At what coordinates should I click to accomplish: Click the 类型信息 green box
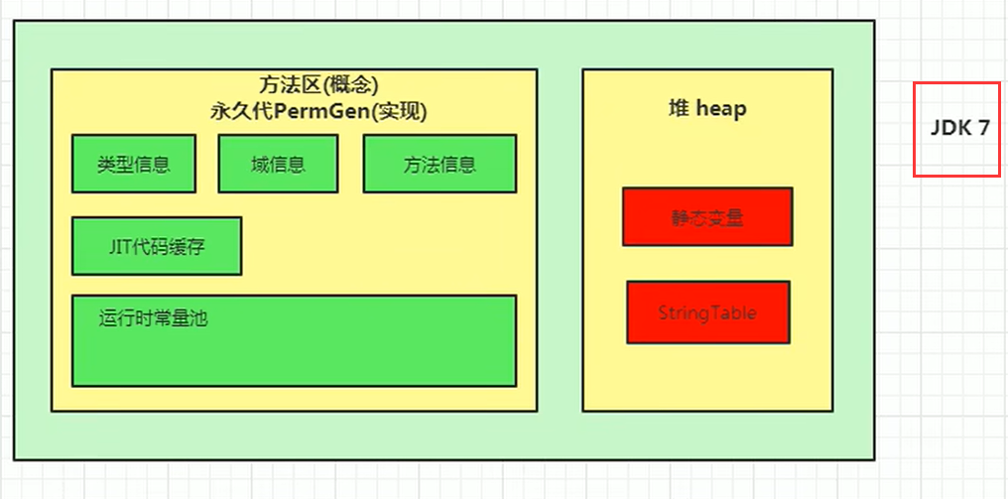coord(134,164)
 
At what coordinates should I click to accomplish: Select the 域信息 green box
coord(278,164)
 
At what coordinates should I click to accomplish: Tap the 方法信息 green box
coord(440,164)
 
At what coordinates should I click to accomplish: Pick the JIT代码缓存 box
coord(157,246)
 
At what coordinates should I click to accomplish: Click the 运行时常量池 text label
coord(153,318)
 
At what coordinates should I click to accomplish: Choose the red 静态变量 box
coord(707,216)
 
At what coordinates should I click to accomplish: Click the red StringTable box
coord(707,312)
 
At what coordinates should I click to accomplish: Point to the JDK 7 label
coord(959,129)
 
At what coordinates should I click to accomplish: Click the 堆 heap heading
coord(707,108)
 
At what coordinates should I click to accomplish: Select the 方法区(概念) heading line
coord(317,86)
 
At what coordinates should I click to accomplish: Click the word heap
coord(721,108)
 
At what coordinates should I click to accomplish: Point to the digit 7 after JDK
coord(983,129)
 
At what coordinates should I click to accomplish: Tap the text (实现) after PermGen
coord(395,111)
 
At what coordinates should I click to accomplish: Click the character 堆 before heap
coord(680,108)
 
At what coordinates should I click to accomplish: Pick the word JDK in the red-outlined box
coord(950,129)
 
